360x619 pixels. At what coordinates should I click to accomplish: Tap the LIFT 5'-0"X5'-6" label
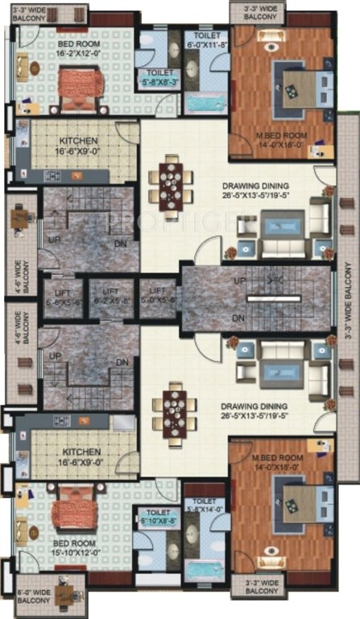pos(157,294)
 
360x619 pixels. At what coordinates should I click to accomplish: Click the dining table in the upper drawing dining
pos(171,179)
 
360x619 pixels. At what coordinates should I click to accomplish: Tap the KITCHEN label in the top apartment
pos(80,143)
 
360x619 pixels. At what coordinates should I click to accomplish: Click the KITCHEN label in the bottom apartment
pos(80,457)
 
